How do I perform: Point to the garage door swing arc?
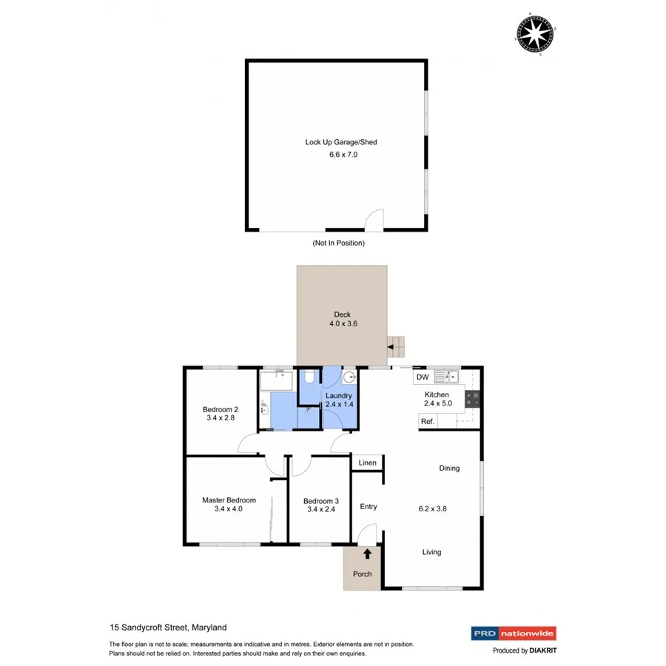coord(375,220)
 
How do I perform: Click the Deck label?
coord(342,314)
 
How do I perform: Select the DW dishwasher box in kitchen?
coord(423,377)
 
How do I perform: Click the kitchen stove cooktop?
coord(473,400)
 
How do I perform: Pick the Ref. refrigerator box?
coord(427,421)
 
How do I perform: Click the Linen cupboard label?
coord(367,463)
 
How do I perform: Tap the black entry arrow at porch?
coord(367,554)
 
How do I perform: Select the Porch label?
coord(363,573)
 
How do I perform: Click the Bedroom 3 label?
coord(320,500)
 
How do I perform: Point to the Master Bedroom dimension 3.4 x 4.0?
coord(228,509)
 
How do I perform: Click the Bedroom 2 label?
coord(221,409)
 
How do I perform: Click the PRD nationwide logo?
coord(513,633)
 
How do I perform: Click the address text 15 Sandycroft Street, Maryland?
coord(167,628)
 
